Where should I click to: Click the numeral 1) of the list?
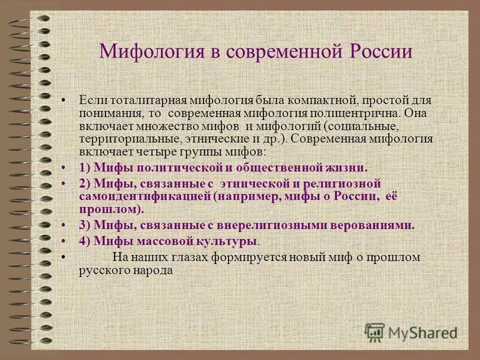[85, 167]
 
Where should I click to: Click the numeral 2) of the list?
[85, 184]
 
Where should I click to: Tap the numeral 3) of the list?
[85, 226]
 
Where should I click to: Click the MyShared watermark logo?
[411, 331]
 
